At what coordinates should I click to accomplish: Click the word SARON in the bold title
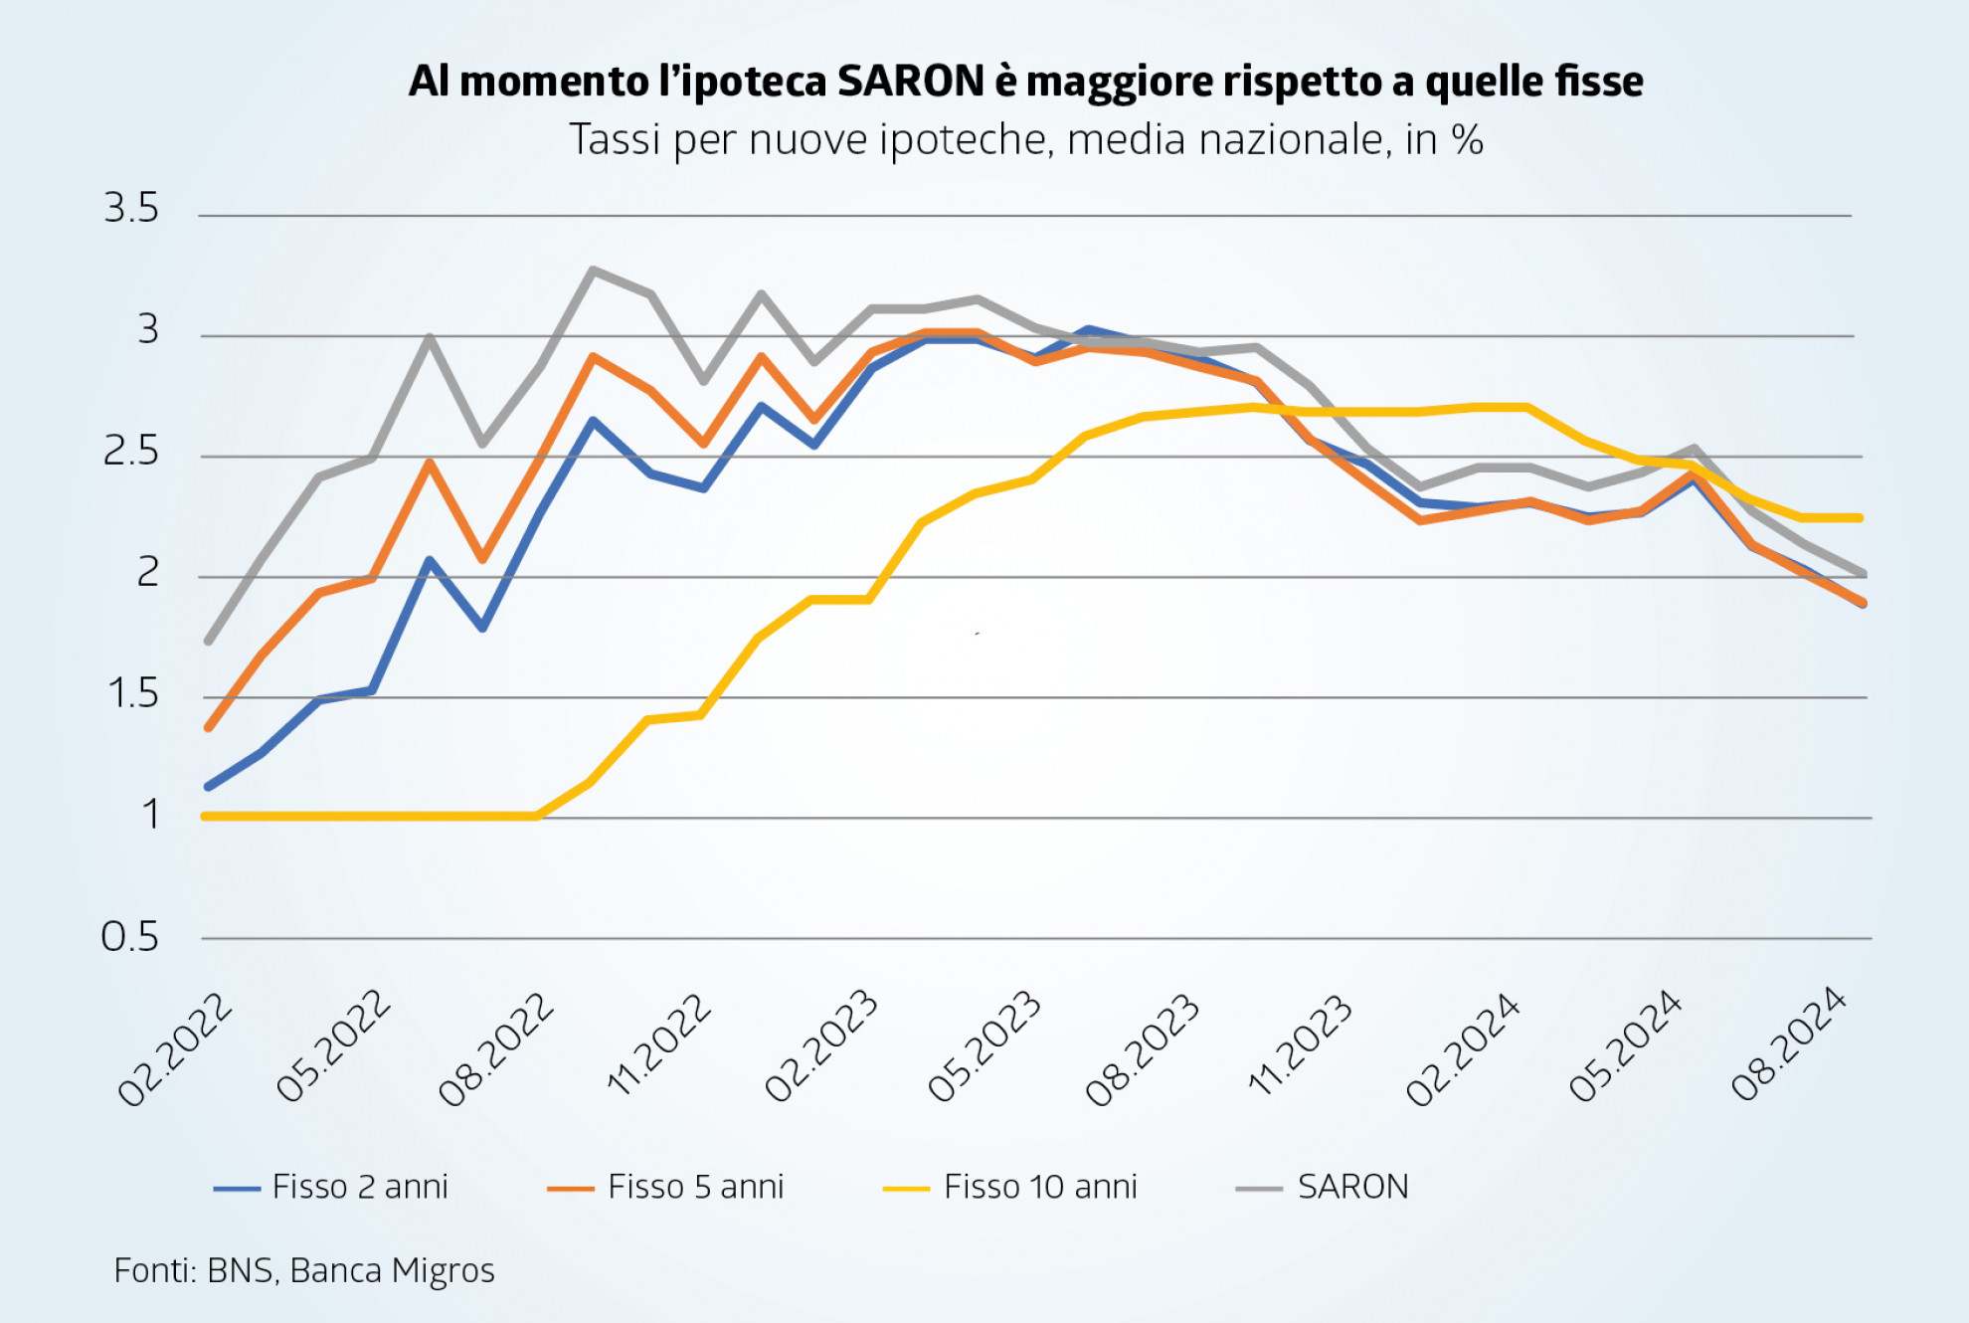tap(910, 82)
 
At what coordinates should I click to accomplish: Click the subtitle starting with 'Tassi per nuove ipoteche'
tap(1025, 140)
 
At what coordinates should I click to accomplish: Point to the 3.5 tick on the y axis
tap(131, 209)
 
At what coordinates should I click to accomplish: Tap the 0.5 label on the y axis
tap(129, 937)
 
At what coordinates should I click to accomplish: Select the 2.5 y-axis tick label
tap(131, 453)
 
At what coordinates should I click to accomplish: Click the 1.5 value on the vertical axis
tap(132, 694)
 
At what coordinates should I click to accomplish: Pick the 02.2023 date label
tap(821, 1047)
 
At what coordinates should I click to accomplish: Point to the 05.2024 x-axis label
tap(1626, 1047)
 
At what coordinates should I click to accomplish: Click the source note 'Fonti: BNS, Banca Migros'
tap(304, 1270)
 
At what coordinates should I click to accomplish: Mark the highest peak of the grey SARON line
tap(593, 270)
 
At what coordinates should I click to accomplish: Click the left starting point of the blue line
tap(208, 787)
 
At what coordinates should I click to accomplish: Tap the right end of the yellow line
tap(1859, 517)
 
